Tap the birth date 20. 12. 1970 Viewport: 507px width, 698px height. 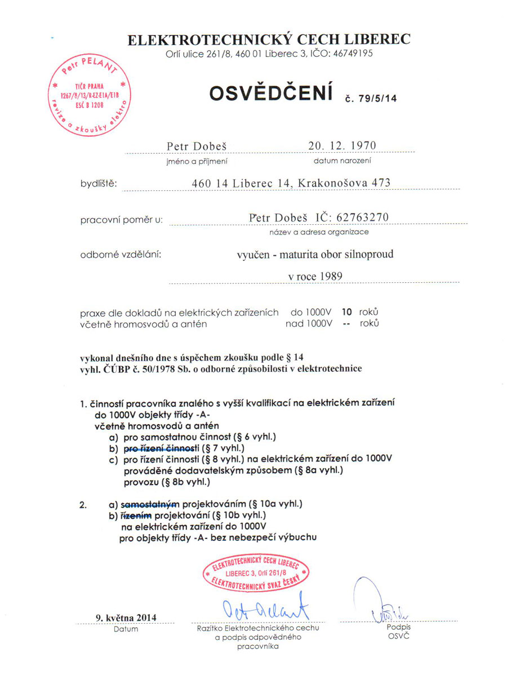click(x=342, y=145)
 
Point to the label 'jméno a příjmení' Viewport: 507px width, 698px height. click(x=197, y=161)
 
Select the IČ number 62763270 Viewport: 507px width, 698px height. click(x=362, y=217)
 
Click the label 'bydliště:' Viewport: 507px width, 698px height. click(x=98, y=184)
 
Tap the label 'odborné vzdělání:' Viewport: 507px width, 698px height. click(x=121, y=254)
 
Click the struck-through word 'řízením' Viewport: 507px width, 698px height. click(x=136, y=515)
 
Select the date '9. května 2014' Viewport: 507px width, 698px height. click(x=126, y=617)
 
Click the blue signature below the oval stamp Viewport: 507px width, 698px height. click(x=263, y=607)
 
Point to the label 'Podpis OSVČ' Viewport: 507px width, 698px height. click(x=398, y=631)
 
